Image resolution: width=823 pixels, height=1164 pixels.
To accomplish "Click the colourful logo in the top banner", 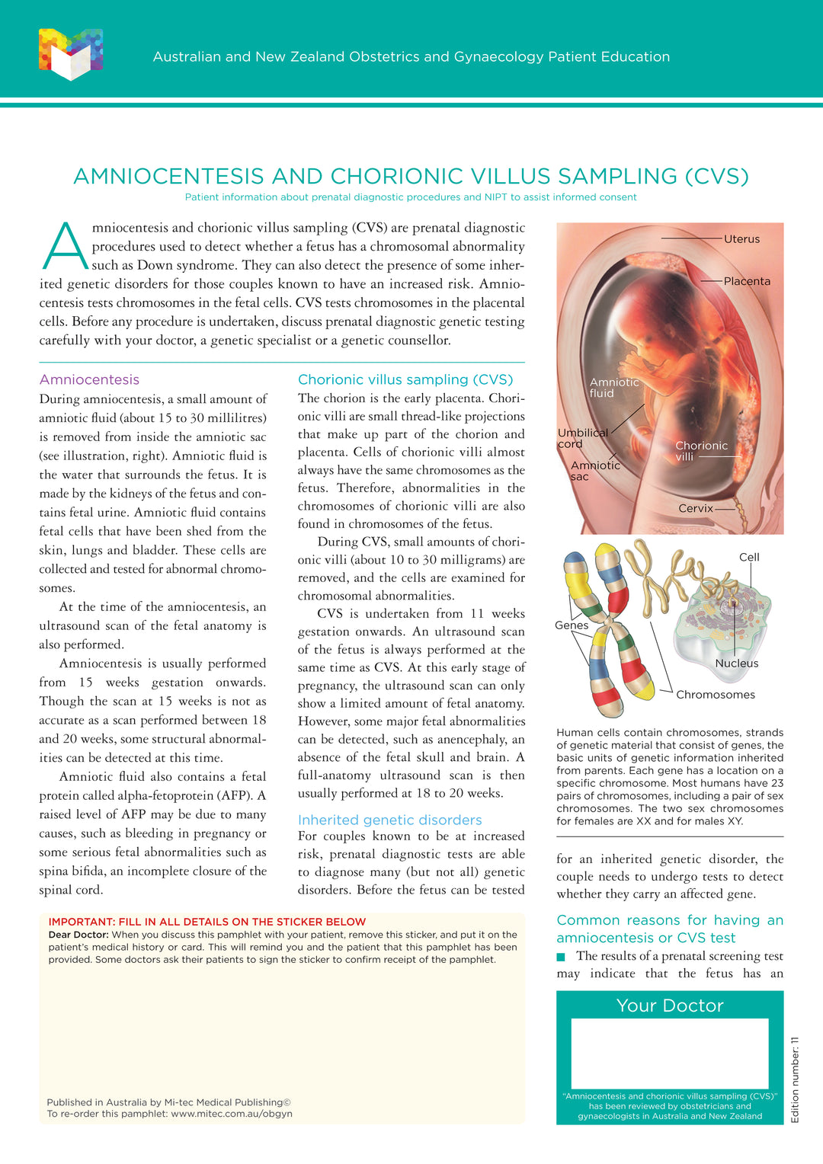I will [x=71, y=54].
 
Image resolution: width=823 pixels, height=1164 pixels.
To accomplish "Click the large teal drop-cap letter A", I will [x=66, y=245].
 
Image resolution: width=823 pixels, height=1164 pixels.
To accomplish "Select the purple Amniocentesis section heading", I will [x=89, y=379].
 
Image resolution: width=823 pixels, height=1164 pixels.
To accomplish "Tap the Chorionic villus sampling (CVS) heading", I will [x=405, y=379].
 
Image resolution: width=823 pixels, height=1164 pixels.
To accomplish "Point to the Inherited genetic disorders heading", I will [x=389, y=820].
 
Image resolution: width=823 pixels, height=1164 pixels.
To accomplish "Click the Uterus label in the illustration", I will [x=741, y=239].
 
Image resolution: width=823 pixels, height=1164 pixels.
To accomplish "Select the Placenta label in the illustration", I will [x=747, y=281].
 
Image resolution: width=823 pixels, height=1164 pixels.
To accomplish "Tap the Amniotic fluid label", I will [x=613, y=388].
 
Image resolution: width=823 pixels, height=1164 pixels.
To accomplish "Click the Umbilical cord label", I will [x=582, y=438].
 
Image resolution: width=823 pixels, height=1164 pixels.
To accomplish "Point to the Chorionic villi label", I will [x=701, y=451].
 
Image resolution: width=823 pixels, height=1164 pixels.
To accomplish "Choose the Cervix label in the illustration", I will [x=696, y=508].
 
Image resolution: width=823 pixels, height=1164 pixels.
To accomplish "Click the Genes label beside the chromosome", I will [x=572, y=625].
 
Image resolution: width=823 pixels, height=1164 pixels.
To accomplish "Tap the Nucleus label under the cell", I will [x=736, y=664].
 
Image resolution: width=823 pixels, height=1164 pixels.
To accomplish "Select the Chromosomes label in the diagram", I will [x=716, y=695].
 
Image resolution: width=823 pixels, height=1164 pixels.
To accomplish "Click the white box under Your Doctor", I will [x=670, y=1054].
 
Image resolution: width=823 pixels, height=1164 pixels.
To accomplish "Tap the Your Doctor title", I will [x=670, y=1006].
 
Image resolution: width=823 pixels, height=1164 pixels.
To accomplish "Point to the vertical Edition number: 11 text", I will [x=795, y=1079].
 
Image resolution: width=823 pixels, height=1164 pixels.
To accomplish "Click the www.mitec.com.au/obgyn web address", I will [x=232, y=1114].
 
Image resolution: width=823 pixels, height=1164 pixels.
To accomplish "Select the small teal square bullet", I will [x=562, y=957].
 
